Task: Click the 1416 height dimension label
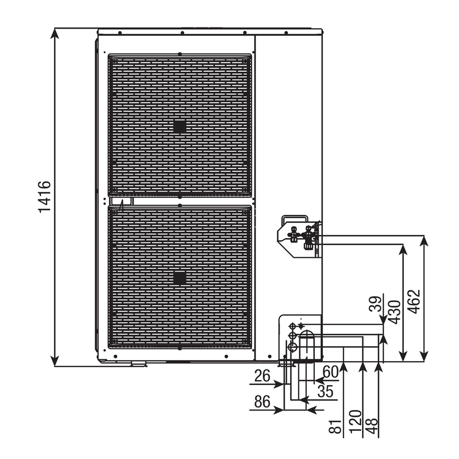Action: (x=45, y=197)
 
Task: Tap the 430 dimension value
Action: (x=395, y=312)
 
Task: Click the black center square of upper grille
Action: (x=180, y=126)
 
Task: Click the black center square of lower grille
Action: (x=180, y=278)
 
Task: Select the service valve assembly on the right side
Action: (x=300, y=236)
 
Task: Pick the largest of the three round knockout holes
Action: (x=293, y=347)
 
